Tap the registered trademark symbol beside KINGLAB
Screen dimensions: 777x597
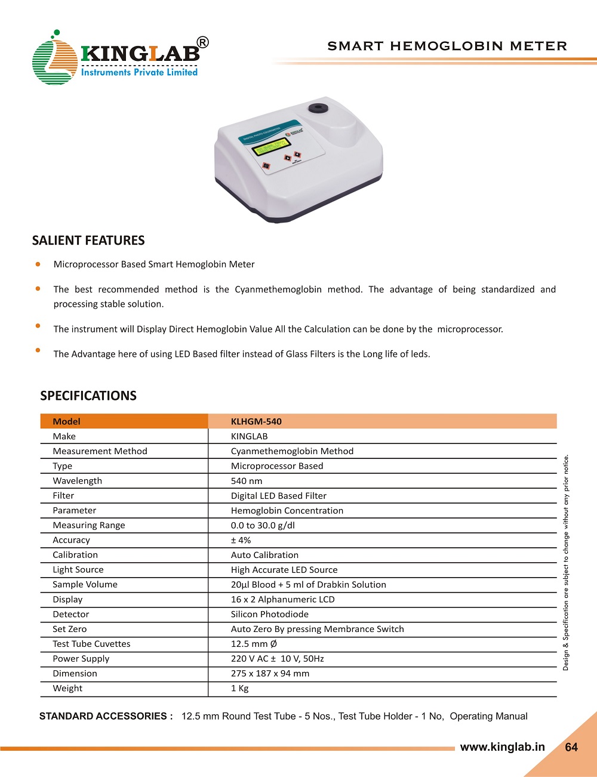203,42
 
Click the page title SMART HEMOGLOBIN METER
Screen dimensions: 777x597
447,46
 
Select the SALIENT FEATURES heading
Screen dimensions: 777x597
88,240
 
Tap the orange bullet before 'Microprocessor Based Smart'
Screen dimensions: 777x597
38,263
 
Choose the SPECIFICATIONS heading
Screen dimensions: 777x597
88,396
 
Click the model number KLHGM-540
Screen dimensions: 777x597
256,421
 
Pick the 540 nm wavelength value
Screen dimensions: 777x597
247,481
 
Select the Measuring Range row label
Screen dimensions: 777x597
89,525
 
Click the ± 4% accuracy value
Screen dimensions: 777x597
241,540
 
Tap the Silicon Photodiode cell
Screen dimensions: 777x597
270,614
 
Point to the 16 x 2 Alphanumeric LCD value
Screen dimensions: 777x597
283,599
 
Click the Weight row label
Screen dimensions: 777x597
67,688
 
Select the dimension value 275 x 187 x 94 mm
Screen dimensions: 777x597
270,673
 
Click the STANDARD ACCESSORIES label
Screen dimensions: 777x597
106,716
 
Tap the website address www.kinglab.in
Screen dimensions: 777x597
502,747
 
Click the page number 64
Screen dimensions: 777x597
571,747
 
